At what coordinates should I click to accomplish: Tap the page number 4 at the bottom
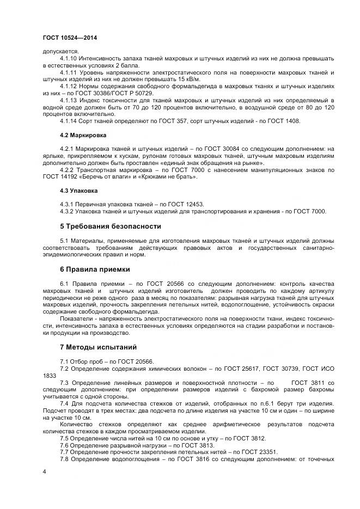tap(44, 471)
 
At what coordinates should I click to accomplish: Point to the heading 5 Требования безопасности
tap(110, 226)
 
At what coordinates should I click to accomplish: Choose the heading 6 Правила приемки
tap(95, 269)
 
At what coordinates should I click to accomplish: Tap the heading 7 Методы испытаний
tap(98, 347)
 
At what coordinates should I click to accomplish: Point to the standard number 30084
tap(211, 148)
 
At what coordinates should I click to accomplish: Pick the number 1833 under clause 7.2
tap(50, 375)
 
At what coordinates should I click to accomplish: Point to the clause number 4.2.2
tap(67, 170)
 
